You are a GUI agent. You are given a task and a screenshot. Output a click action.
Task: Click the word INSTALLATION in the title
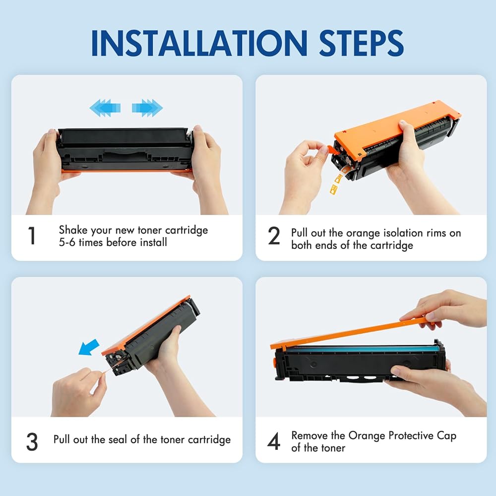[199, 43]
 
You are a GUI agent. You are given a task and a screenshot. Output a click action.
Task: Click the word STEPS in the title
[361, 43]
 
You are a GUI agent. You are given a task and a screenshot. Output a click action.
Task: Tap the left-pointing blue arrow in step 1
[105, 108]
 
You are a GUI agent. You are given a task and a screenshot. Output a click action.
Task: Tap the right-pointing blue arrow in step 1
[147, 108]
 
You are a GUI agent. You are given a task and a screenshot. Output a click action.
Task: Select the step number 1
[32, 236]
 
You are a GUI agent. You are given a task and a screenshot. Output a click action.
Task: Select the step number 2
[274, 236]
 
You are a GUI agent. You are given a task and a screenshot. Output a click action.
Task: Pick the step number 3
[32, 441]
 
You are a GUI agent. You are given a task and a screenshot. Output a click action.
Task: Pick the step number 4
[274, 441]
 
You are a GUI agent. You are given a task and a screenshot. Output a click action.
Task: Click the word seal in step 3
[118, 439]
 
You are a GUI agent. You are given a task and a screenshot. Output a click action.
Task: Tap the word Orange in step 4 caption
[367, 436]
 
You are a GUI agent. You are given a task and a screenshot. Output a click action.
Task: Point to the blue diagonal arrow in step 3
[89, 347]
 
